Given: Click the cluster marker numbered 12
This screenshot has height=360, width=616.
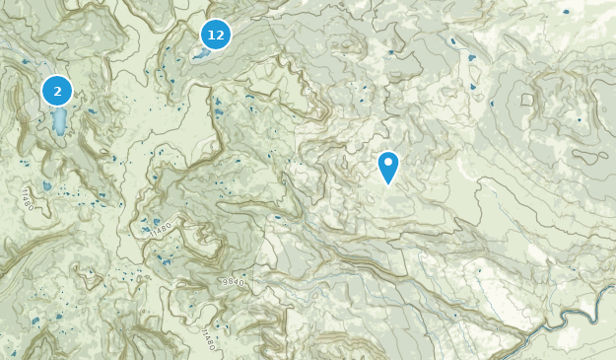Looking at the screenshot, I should [215, 36].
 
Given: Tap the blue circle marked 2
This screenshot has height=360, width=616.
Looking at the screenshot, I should [57, 92].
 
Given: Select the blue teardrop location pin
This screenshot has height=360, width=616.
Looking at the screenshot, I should [388, 167].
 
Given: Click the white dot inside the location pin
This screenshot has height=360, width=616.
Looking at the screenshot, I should [388, 162].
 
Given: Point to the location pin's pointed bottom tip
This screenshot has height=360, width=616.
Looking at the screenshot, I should [388, 184].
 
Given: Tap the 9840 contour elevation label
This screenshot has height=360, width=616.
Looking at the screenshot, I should [233, 282].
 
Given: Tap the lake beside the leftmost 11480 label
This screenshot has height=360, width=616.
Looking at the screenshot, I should [46, 185].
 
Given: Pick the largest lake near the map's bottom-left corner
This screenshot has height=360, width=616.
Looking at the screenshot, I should [35, 321].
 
